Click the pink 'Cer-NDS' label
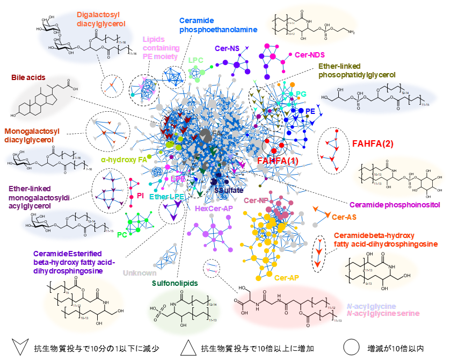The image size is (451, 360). (x=310, y=55)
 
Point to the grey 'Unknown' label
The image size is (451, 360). (x=140, y=273)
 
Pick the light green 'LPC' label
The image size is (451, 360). (x=195, y=60)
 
